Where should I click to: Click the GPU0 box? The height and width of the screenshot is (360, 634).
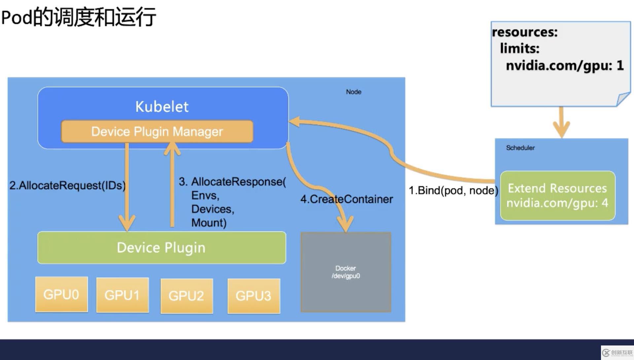61,294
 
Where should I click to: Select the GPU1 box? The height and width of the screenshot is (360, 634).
123,295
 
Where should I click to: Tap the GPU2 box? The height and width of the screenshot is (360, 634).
187,296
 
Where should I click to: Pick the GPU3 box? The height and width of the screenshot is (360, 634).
254,296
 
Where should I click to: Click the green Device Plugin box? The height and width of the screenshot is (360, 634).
161,248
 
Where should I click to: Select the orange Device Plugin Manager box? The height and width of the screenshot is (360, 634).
157,131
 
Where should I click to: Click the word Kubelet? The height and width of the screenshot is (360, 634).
162,107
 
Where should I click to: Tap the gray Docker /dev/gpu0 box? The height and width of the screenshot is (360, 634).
346,272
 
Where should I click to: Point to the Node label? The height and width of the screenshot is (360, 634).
353,92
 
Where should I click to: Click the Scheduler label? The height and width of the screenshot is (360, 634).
520,148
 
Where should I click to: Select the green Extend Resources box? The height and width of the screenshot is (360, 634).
557,196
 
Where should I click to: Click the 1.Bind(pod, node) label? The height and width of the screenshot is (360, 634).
453,191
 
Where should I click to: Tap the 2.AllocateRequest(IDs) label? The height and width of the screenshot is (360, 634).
67,185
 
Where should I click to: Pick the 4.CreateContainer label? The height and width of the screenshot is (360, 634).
346,199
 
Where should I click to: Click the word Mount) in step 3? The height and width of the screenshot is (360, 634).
209,223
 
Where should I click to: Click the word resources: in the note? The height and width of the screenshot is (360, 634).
525,32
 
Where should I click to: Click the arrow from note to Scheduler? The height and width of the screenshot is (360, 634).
561,122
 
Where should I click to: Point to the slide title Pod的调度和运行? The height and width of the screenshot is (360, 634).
79,17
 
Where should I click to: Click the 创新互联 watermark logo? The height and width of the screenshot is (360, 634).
617,353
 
